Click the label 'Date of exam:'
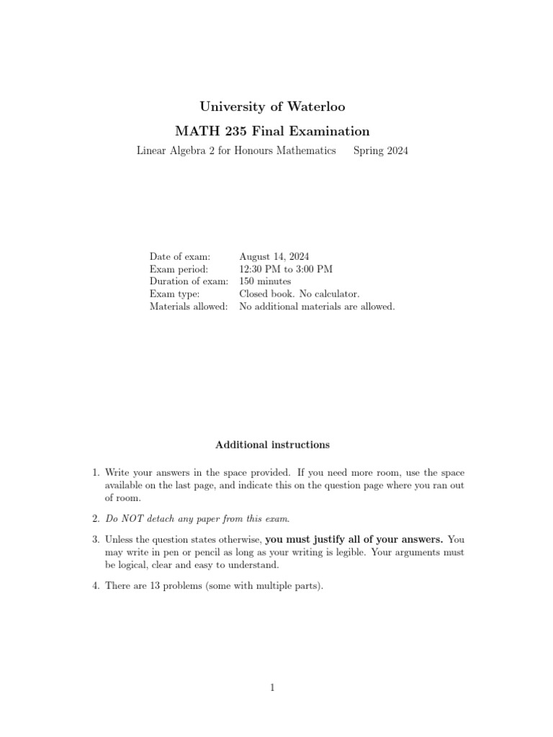pyautogui.click(x=180, y=256)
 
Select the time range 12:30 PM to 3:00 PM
pyautogui.click(x=286, y=268)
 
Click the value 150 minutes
pyautogui.click(x=265, y=281)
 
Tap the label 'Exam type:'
pyautogui.click(x=174, y=294)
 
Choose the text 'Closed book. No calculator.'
pyautogui.click(x=299, y=294)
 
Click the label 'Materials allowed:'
pyautogui.click(x=189, y=307)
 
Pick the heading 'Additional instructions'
pyautogui.click(x=272, y=445)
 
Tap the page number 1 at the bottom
pyautogui.click(x=273, y=688)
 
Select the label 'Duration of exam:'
pyautogui.click(x=189, y=281)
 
